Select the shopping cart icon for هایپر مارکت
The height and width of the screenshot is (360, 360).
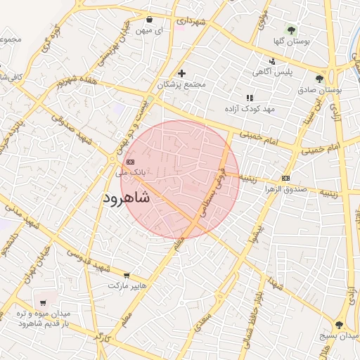coord(127,276)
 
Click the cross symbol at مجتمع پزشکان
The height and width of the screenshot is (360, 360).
coord(181,73)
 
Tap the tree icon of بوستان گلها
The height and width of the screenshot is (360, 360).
coord(291,30)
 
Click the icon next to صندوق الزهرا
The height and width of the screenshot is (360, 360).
coord(285,178)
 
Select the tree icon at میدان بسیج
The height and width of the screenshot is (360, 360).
coord(339,325)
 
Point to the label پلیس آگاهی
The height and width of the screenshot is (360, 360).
coord(271,72)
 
